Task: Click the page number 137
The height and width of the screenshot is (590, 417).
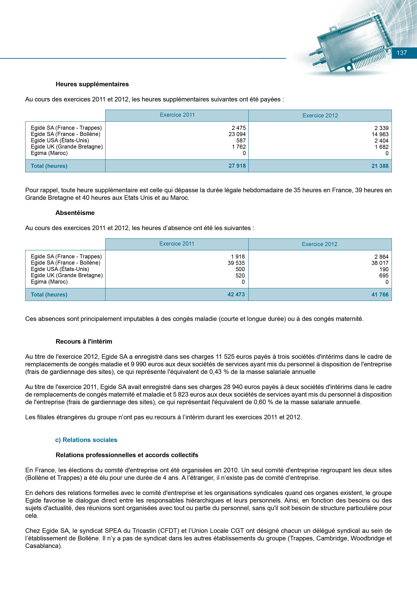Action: (x=402, y=53)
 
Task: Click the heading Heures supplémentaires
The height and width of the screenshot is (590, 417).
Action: (x=92, y=84)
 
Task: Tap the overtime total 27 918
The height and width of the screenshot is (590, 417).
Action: (x=237, y=166)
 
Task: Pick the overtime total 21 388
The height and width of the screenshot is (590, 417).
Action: (x=380, y=166)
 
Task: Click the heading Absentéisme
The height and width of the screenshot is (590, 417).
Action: (x=75, y=213)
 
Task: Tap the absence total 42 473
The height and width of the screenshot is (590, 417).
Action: (x=236, y=294)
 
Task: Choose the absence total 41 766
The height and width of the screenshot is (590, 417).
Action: (x=380, y=295)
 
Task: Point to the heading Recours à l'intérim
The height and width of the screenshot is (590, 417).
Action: (x=84, y=342)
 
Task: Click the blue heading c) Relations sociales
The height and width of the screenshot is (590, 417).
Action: (x=86, y=440)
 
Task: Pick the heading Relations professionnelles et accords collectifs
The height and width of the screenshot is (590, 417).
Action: (x=127, y=455)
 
